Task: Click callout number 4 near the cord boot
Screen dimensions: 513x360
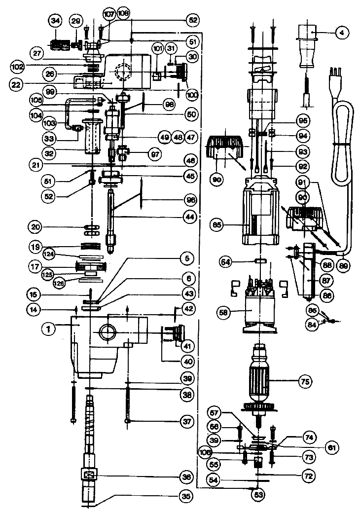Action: pyautogui.click(x=341, y=34)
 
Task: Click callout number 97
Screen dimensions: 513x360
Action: pyautogui.click(x=156, y=154)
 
